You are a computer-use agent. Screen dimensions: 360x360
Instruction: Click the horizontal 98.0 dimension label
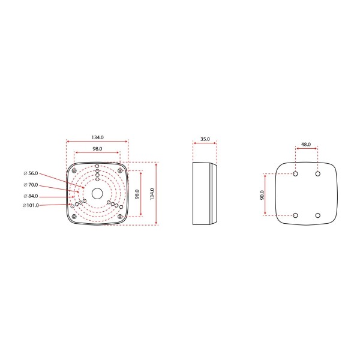click(97, 148)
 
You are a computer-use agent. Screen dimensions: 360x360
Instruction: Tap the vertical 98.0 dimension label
click(137, 194)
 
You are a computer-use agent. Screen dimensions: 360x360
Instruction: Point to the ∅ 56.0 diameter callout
click(30, 173)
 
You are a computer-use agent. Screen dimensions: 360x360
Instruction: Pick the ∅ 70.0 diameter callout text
click(30, 185)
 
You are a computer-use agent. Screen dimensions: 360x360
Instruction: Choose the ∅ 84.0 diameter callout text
click(30, 196)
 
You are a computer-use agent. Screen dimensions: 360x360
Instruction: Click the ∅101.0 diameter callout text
click(30, 206)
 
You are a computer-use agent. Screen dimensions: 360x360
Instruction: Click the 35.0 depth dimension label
click(205, 139)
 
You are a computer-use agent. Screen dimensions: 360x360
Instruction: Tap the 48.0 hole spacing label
click(307, 145)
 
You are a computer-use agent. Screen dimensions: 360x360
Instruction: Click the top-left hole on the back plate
click(296, 175)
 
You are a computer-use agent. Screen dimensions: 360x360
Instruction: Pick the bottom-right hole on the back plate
click(318, 215)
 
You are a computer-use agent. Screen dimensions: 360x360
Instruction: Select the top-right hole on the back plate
click(318, 175)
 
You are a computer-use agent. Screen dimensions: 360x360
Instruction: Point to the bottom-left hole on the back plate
click(296, 215)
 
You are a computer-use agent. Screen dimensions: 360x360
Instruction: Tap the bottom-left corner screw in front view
click(74, 215)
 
